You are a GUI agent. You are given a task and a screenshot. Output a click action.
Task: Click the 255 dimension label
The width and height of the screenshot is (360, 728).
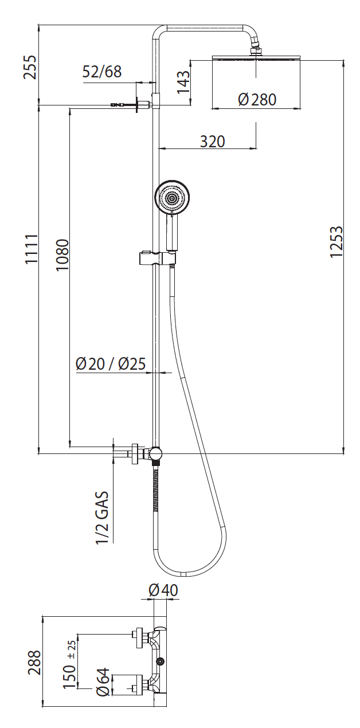[30, 67]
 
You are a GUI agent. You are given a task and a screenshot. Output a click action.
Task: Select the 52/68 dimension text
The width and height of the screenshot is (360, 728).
[101, 72]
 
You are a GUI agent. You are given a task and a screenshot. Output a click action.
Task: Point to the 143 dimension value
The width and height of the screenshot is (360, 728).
[183, 82]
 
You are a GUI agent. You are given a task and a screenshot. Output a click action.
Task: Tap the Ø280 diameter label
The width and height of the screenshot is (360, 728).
[257, 99]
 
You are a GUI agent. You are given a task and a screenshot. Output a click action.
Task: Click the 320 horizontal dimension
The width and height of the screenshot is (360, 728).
[212, 142]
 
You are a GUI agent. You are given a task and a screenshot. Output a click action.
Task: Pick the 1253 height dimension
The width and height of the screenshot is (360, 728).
[336, 241]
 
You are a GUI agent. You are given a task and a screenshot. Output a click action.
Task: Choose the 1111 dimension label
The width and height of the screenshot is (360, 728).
[32, 249]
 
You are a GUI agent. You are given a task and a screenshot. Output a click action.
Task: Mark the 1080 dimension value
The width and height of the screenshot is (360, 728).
[62, 255]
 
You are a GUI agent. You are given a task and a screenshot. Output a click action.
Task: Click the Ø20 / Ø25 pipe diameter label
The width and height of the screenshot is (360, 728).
[111, 363]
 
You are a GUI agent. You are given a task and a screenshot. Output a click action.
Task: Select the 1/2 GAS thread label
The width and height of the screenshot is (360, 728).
[101, 518]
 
